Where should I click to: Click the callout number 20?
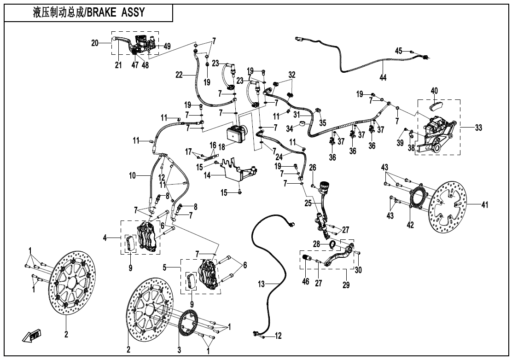click(95, 43)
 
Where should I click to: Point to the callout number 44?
click(383, 77)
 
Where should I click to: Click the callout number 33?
click(478, 128)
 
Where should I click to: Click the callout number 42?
click(410, 225)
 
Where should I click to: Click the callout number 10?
click(133, 175)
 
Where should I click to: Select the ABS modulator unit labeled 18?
click(237, 133)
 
